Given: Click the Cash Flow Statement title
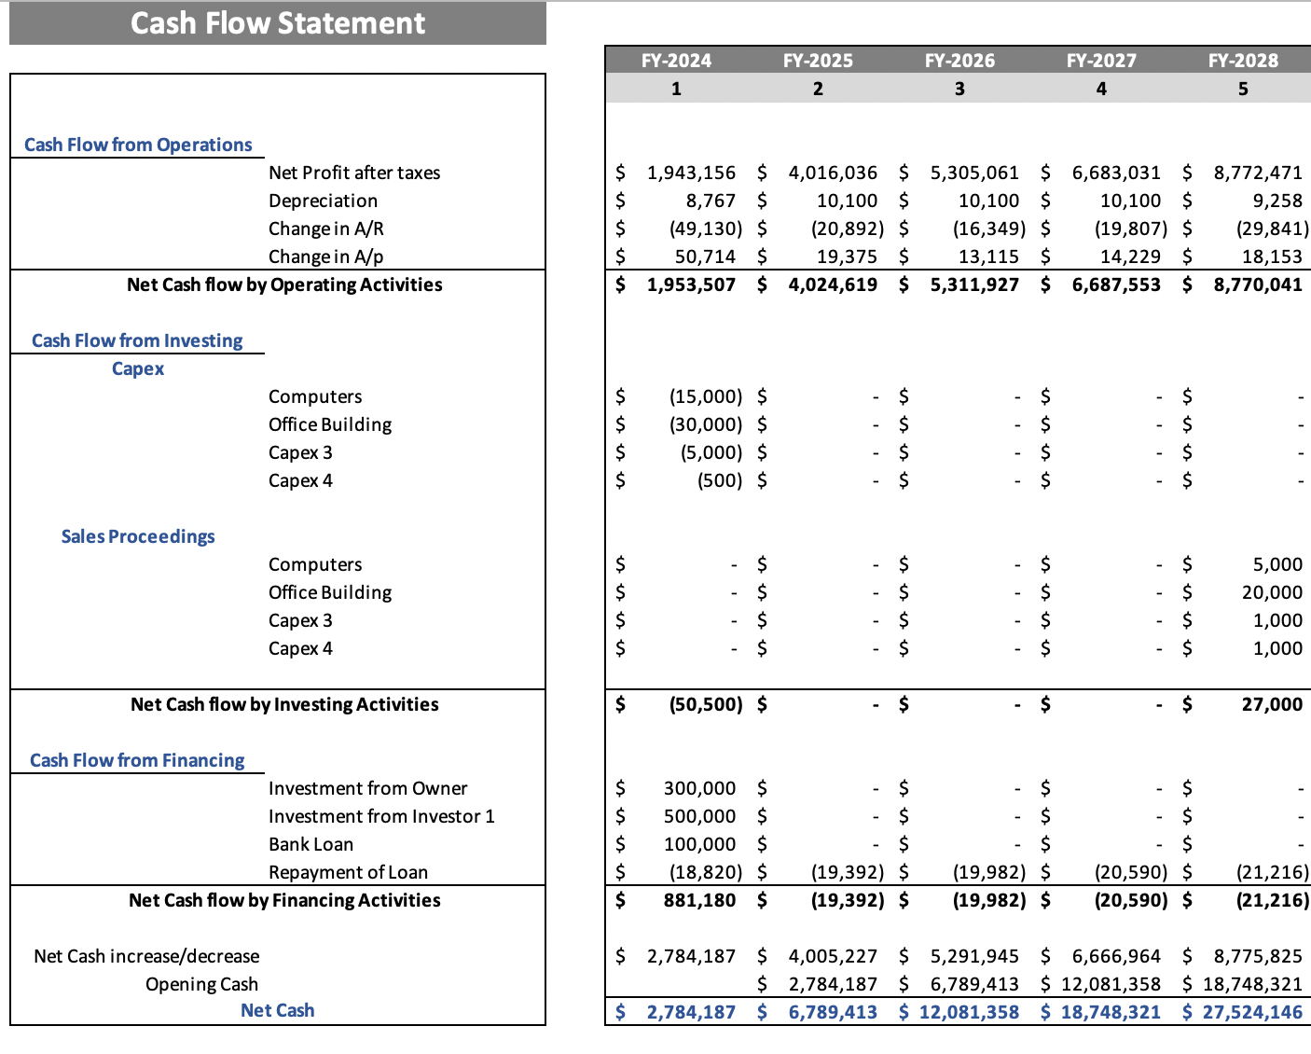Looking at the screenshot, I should pos(277,23).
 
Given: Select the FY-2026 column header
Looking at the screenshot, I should pos(959,61).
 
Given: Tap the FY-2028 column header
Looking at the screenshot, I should pos(1243,61).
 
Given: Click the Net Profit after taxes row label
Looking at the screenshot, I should pos(354,173).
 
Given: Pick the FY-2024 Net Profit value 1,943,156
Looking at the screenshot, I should pos(691,173).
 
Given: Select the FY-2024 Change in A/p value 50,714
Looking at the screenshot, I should pos(705,257).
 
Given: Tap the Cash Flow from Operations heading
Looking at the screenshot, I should pos(138,145).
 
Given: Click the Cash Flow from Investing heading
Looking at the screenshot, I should pos(137,340).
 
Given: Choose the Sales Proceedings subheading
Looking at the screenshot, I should pos(138,536).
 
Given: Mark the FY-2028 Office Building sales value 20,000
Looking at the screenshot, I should pos(1272,592).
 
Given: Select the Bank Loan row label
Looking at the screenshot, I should pos(310,844).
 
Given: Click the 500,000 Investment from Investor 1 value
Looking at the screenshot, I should pos(699,816).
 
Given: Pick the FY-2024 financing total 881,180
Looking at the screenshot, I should pos(699,900).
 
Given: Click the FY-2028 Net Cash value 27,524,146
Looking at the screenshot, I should pos(1252,1012).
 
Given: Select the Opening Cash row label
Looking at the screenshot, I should pos(201,984).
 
